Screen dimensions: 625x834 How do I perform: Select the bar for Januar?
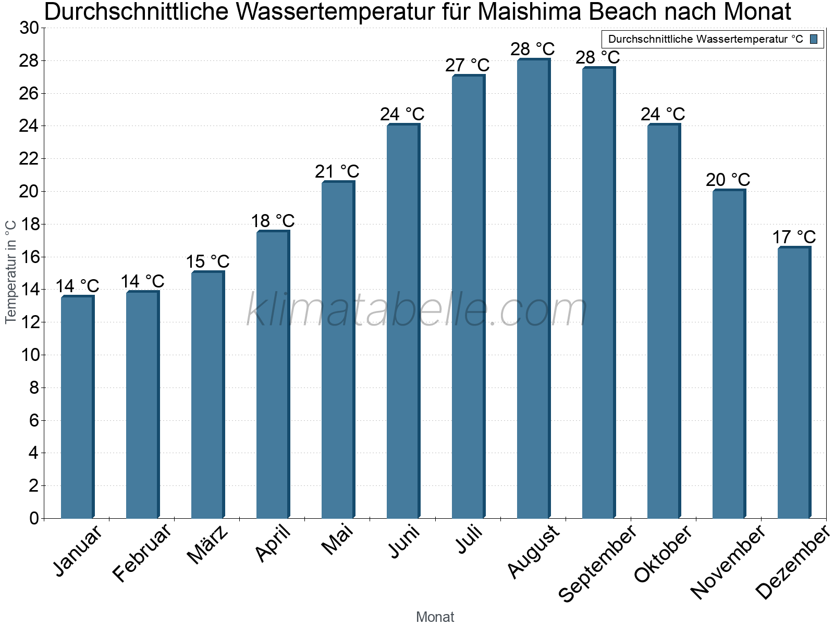(x=77, y=407)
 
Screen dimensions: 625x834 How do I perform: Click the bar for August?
(x=533, y=289)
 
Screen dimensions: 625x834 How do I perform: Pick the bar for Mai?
(x=338, y=350)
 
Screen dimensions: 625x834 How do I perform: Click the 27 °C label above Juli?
(x=468, y=66)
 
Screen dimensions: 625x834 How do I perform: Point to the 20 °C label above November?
(x=728, y=180)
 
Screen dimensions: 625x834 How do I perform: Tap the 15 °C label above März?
(x=207, y=261)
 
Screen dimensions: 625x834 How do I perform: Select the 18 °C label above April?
(x=273, y=221)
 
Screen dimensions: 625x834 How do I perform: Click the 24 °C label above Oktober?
(x=663, y=114)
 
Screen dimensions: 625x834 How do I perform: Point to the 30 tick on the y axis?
(x=29, y=28)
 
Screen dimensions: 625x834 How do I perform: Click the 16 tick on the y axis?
(x=29, y=257)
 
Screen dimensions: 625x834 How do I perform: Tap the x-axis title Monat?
(x=435, y=617)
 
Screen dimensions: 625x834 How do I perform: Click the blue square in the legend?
(x=814, y=39)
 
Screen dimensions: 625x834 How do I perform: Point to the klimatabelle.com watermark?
(x=417, y=310)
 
